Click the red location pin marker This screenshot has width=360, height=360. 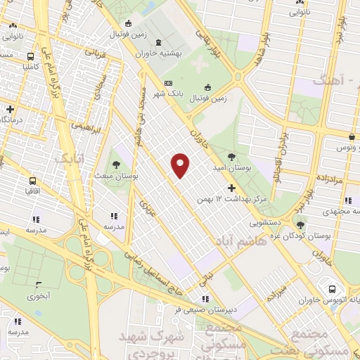coord(181,165)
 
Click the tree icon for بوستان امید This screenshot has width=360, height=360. coord(233,156)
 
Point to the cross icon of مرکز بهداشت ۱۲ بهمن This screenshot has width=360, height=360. coord(232,188)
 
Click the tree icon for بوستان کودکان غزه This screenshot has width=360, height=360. coord(301,225)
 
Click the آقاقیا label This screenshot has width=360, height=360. coord(32,190)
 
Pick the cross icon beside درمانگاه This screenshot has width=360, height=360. coord(10,109)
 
